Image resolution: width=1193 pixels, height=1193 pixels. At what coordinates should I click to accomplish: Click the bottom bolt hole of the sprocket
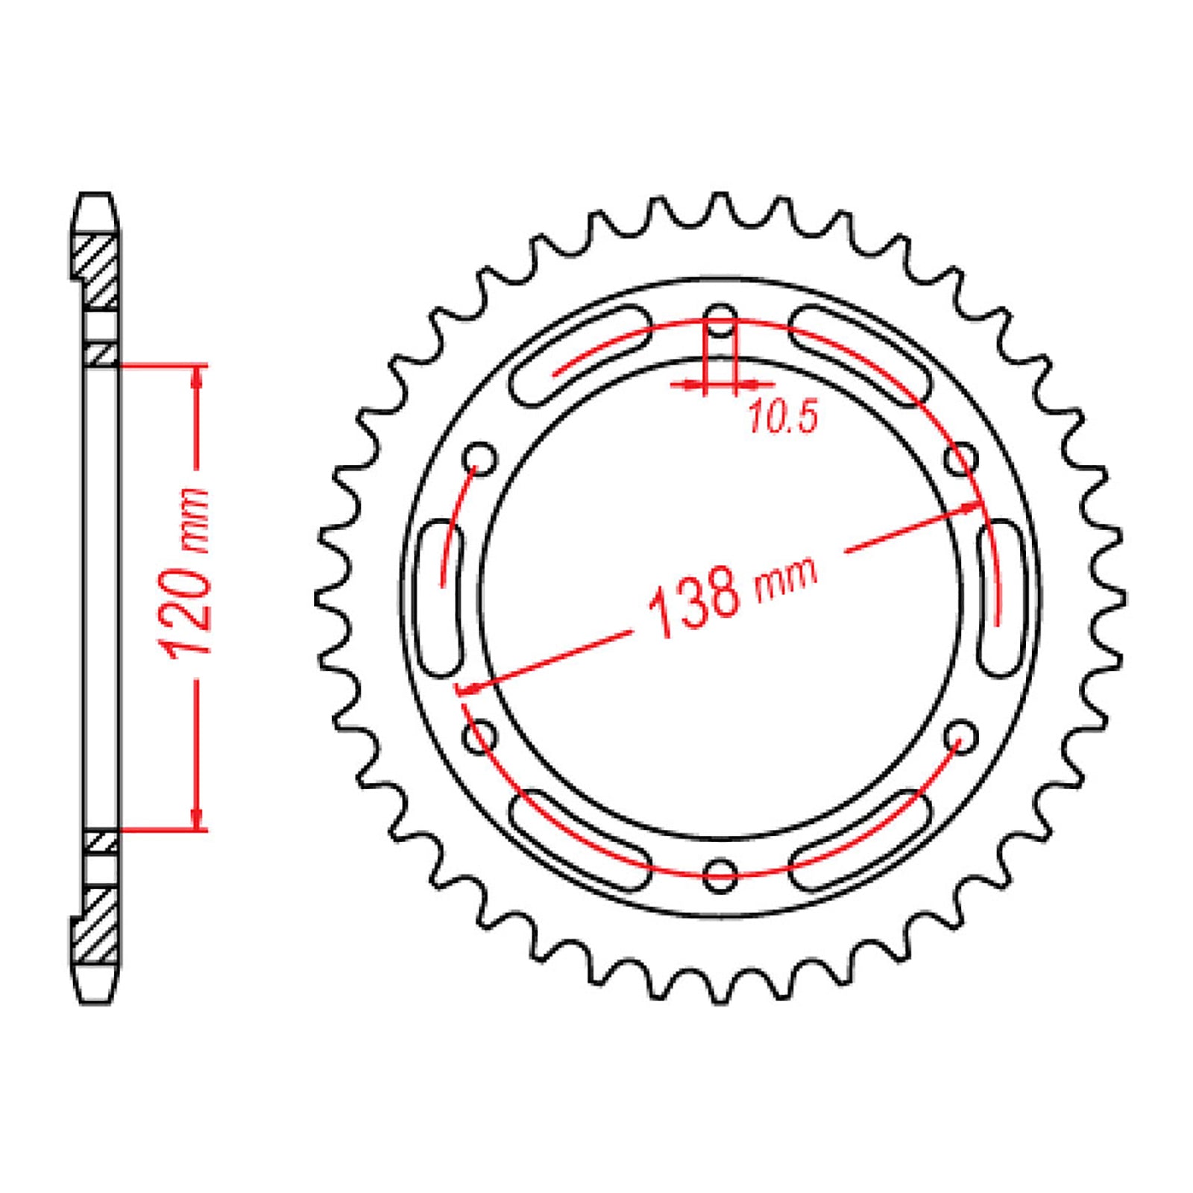720,873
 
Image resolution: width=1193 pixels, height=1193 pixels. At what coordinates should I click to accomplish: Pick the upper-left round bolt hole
480,459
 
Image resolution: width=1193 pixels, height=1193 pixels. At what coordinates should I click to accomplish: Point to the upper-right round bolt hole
961,458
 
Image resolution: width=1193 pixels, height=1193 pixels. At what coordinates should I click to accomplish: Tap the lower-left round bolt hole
480,737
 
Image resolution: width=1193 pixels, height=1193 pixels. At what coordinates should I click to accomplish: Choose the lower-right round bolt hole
961,737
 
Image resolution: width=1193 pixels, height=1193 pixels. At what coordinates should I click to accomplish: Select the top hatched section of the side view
98,272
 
